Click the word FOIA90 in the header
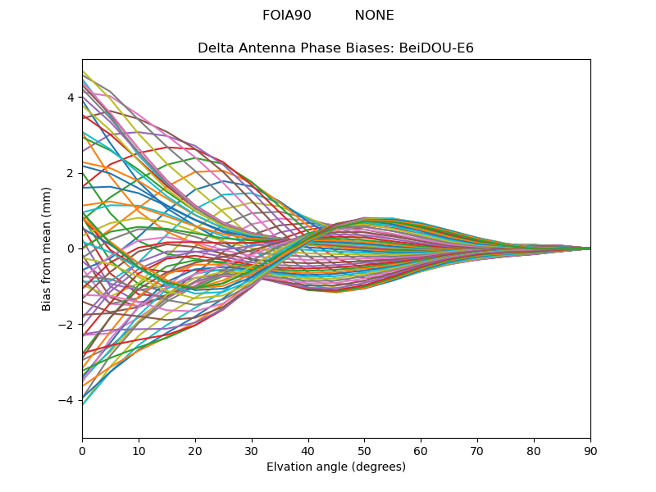click(x=286, y=16)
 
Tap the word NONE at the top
click(x=374, y=16)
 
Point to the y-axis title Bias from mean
click(x=47, y=248)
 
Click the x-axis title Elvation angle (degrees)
click(x=336, y=467)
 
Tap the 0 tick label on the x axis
click(x=82, y=450)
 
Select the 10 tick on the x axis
click(x=139, y=450)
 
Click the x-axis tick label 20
click(x=195, y=450)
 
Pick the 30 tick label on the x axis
click(x=252, y=450)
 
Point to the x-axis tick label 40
click(x=308, y=450)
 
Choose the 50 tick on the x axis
click(x=364, y=450)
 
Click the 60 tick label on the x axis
click(x=421, y=450)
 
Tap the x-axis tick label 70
click(x=477, y=450)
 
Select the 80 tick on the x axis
click(x=534, y=450)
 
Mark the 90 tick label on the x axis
click(x=590, y=450)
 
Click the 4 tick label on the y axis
click(x=71, y=98)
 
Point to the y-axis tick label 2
click(x=71, y=173)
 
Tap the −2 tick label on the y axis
click(x=67, y=324)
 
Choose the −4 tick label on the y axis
click(x=67, y=399)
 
